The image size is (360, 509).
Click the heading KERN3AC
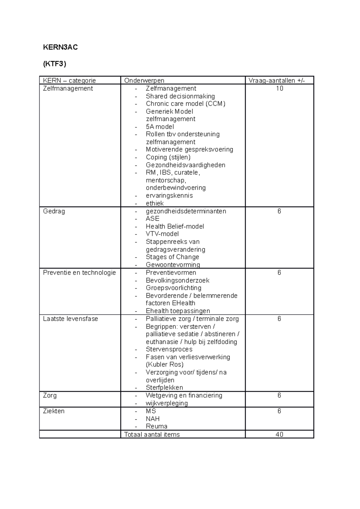[x=60, y=47]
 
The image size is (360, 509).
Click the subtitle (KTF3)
[x=54, y=64]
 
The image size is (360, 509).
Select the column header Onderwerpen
[x=144, y=80]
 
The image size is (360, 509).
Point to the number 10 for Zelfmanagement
[x=279, y=88]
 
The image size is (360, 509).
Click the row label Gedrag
[x=54, y=211]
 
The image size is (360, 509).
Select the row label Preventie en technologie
[x=79, y=272]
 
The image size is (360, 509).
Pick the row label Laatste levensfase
[x=70, y=319]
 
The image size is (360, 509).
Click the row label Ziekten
[x=54, y=411]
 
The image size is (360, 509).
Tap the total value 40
[x=279, y=434]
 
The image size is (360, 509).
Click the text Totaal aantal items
[x=152, y=434]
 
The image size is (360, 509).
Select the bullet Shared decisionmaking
[x=180, y=96]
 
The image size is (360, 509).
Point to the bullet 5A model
[x=160, y=127]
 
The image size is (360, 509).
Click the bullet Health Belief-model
[x=175, y=226]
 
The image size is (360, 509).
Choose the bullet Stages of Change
[x=172, y=257]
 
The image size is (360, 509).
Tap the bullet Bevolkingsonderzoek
[x=178, y=280]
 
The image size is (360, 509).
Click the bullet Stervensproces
[x=169, y=349]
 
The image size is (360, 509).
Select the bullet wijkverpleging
[x=166, y=403]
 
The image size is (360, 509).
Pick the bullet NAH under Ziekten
[x=152, y=419]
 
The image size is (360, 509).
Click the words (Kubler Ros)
[x=164, y=365]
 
